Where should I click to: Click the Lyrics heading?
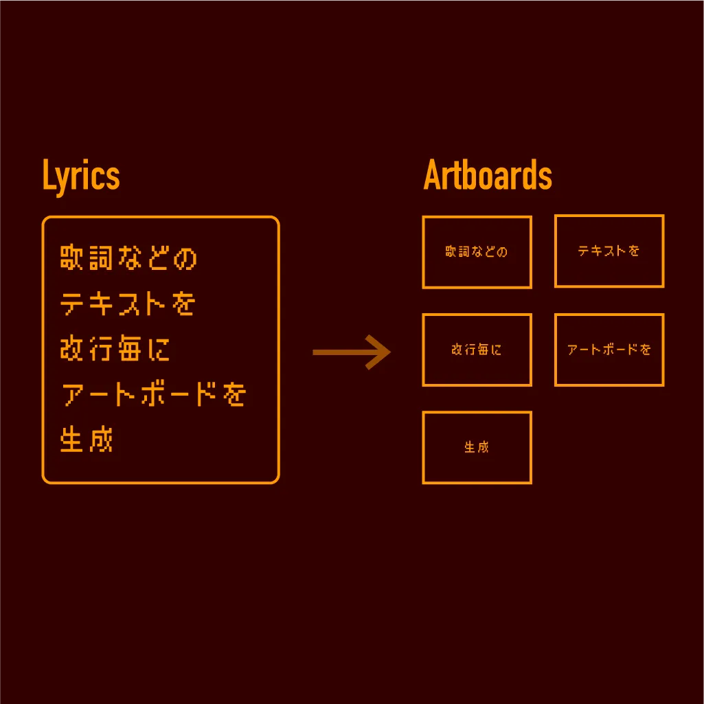[81, 176]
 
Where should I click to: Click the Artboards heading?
[488, 175]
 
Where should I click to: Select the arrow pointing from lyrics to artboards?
[352, 352]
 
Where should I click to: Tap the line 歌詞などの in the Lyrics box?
[128, 258]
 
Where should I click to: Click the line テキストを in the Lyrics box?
[128, 303]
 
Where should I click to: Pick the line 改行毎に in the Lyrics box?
[115, 348]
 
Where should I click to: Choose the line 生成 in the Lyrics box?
[87, 439]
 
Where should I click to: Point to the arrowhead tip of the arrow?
[391, 352]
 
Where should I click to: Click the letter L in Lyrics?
[49, 174]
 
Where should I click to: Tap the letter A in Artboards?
[433, 175]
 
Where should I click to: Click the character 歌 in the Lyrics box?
[71, 258]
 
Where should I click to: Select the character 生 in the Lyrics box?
[71, 439]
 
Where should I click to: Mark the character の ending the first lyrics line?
[185, 259]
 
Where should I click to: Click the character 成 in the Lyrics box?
[101, 439]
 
